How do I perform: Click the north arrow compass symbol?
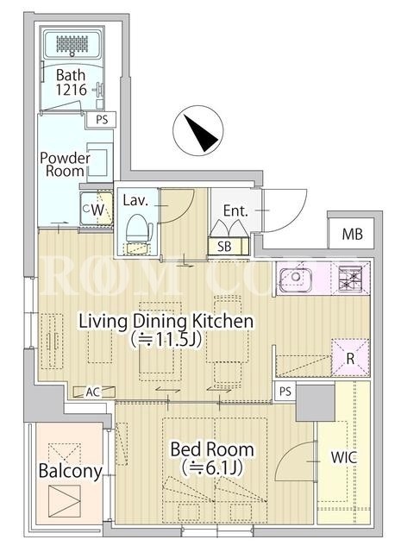(197, 130)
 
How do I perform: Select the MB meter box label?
(353, 234)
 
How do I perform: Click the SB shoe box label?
(224, 247)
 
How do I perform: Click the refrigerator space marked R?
(350, 358)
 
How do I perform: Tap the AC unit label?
(93, 392)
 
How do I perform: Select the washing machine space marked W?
(97, 210)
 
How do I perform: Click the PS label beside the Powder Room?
(102, 120)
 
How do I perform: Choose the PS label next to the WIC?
(285, 391)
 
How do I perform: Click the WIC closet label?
(343, 457)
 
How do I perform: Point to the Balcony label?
(71, 471)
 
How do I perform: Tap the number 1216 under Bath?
(71, 90)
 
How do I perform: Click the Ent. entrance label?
(235, 210)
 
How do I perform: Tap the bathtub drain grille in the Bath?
(72, 43)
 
